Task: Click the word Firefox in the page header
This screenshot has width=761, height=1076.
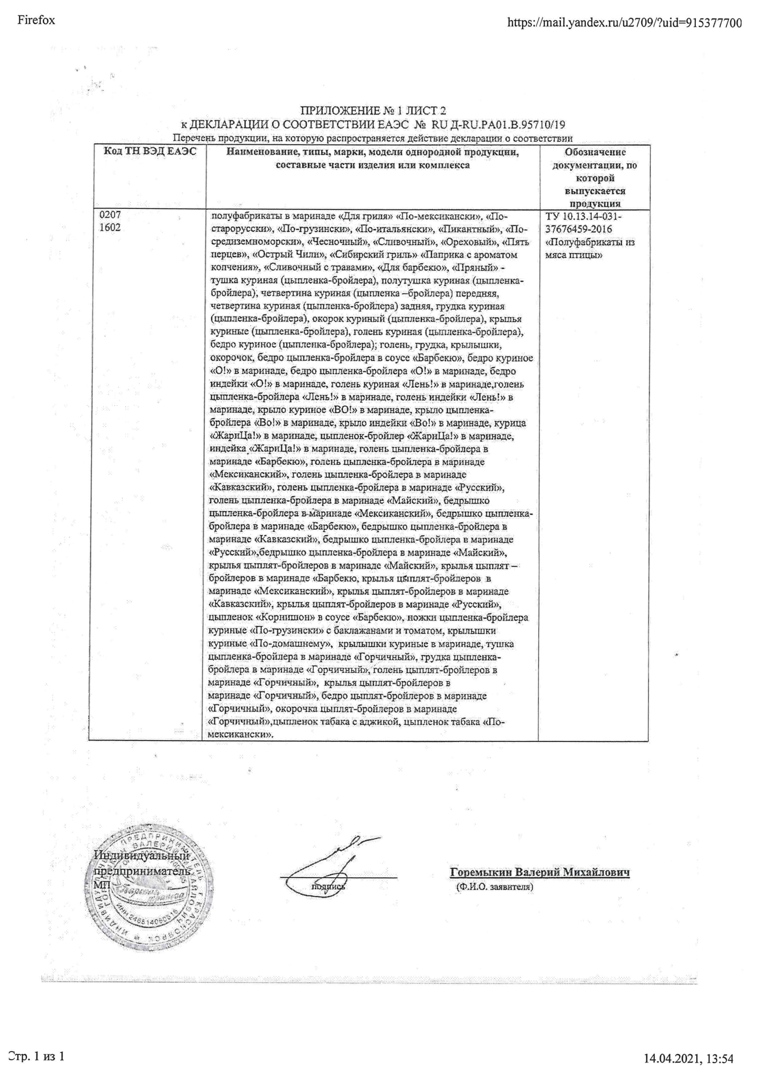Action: click(36, 20)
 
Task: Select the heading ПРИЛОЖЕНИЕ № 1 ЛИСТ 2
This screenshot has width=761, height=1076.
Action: click(373, 110)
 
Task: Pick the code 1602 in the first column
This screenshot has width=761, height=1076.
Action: click(110, 228)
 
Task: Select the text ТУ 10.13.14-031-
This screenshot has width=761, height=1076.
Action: click(584, 216)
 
